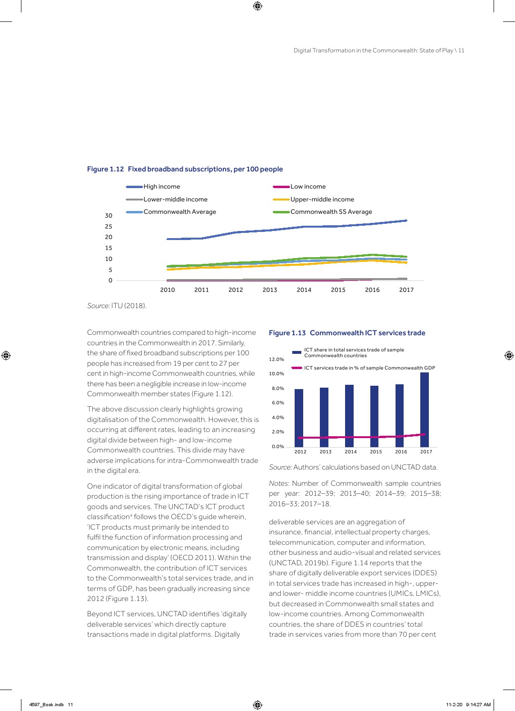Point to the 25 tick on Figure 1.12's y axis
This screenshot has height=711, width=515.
pyautogui.click(x=109, y=227)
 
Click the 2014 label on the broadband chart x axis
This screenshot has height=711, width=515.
pyautogui.click(x=304, y=290)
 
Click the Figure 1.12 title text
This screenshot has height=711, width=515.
pyautogui.click(x=185, y=169)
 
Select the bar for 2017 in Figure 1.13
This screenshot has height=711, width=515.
pyautogui.click(x=425, y=410)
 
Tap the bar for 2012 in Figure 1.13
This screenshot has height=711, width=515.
pyautogui.click(x=299, y=418)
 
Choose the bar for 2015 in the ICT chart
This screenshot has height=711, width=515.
pyautogui.click(x=375, y=416)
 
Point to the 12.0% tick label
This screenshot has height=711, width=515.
pyautogui.click(x=277, y=360)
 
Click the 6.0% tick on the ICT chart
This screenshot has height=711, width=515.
pyautogui.click(x=277, y=403)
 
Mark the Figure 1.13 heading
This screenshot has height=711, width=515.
pyautogui.click(x=347, y=333)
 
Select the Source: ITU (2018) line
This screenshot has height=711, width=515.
pyautogui.click(x=117, y=306)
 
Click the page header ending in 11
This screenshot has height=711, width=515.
pyautogui.click(x=379, y=50)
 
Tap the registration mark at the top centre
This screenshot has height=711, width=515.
pyautogui.click(x=257, y=6)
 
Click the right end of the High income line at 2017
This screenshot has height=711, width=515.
pyautogui.click(x=406, y=220)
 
